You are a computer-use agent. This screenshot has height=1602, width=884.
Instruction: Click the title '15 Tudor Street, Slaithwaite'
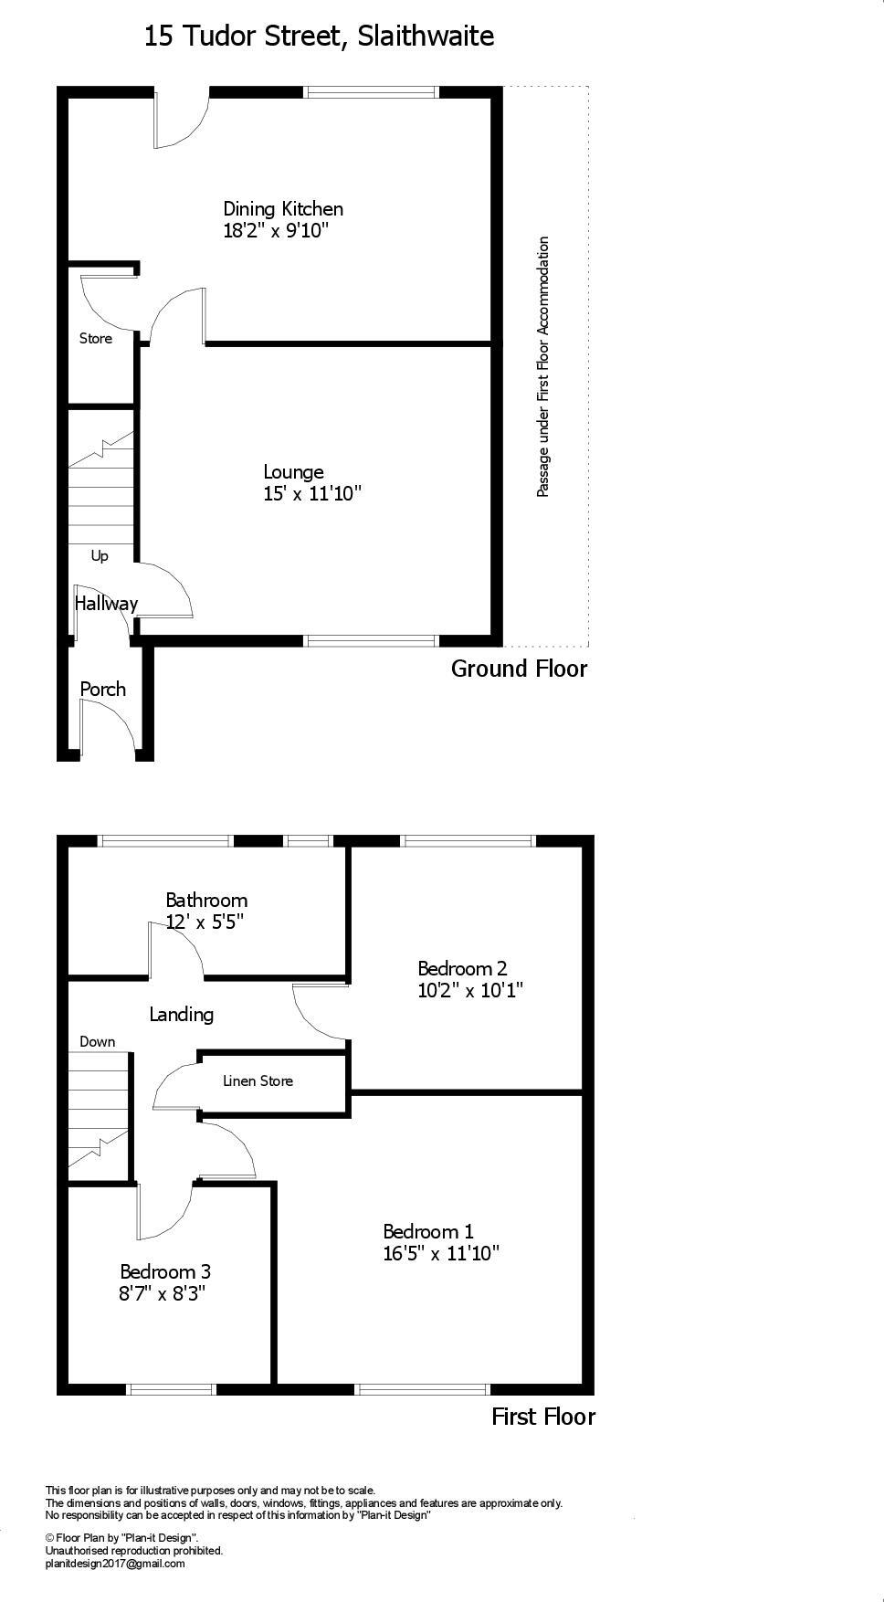click(x=319, y=37)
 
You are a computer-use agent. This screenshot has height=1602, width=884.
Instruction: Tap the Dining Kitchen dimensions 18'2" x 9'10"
click(x=276, y=231)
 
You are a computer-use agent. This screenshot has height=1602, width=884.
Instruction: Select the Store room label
click(x=96, y=339)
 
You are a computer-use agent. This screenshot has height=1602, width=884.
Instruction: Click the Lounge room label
click(x=293, y=472)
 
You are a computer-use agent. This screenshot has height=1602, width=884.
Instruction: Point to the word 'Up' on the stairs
click(x=100, y=556)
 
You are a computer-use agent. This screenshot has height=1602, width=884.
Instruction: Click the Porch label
click(x=103, y=690)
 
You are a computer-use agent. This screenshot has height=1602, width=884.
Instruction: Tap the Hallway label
click(x=106, y=604)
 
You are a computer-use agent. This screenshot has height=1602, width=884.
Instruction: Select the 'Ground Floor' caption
click(x=519, y=669)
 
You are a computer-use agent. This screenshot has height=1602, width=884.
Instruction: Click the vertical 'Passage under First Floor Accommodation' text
click(x=543, y=367)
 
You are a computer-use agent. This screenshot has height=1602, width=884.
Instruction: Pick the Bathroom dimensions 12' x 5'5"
click(x=205, y=922)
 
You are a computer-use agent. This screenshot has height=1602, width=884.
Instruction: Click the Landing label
click(x=181, y=1015)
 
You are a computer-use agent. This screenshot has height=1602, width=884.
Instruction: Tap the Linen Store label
click(x=258, y=1081)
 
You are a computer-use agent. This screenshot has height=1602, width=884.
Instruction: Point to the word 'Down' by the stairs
click(x=98, y=1042)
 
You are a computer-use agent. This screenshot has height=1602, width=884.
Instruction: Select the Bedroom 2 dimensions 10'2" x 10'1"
click(x=470, y=991)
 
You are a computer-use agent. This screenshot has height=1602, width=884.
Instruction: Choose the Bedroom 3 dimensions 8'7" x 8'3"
click(x=163, y=1294)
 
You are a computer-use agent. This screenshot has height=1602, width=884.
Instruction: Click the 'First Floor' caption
click(x=543, y=1418)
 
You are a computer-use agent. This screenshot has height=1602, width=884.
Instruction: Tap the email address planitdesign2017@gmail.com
click(x=115, y=1564)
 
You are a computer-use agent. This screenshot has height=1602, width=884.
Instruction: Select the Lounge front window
click(x=371, y=641)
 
